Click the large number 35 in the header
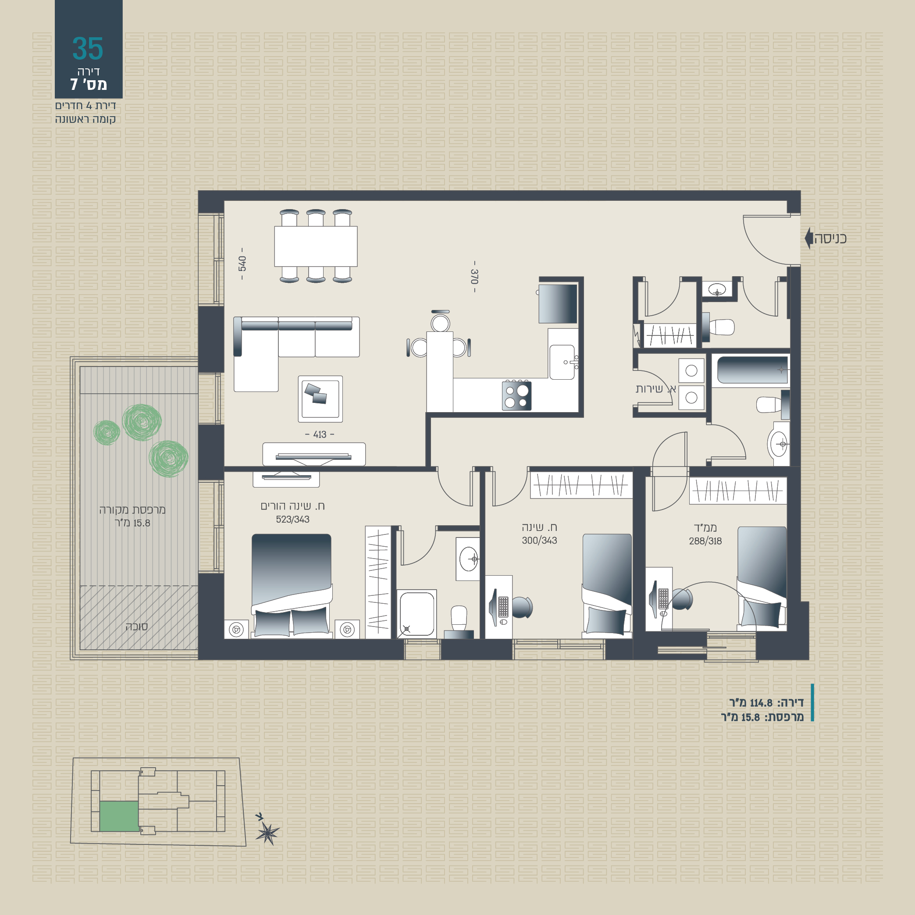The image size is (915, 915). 88,49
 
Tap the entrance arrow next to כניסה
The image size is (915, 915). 809,238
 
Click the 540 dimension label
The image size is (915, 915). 242,263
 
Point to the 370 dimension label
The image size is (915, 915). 474,276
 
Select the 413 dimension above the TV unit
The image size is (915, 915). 320,434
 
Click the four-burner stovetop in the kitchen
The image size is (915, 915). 517,395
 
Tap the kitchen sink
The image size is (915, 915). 562,362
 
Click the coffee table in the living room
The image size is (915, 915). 320,399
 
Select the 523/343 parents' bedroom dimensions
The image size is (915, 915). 293,519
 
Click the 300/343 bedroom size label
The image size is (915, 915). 539,541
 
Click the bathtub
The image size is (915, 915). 752,370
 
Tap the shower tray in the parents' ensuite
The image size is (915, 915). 417,614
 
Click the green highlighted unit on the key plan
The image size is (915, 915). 119,816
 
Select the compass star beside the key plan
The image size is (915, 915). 267,833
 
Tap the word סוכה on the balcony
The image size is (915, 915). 136,627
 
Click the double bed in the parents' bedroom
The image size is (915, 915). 291,585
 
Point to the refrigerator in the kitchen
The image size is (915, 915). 558,303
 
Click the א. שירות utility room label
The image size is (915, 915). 655,389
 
